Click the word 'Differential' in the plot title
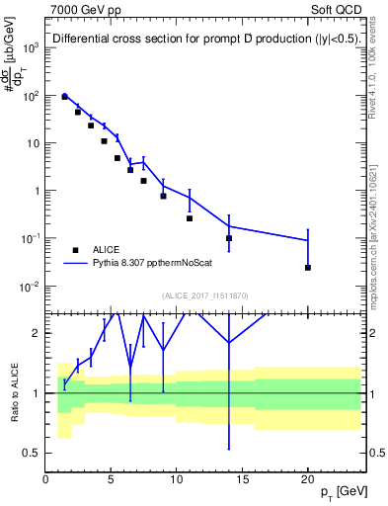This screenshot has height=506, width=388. coord(82,40)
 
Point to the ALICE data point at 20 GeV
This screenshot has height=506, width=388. coord(308,268)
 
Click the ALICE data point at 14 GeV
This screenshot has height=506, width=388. coord(229,238)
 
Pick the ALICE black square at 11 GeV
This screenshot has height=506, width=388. coord(190,218)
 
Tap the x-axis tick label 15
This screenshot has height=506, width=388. coord(242,479)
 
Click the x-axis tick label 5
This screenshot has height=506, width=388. coord(112,479)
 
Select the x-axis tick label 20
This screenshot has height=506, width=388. coord(308,479)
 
